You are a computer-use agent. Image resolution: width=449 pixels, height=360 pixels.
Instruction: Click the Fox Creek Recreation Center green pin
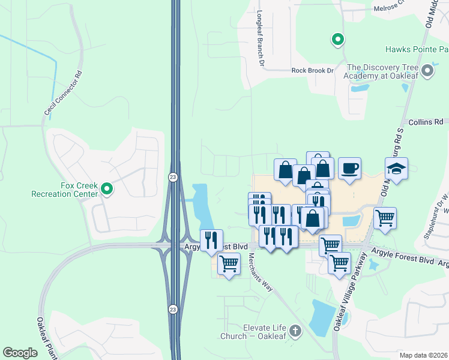pos(107,190)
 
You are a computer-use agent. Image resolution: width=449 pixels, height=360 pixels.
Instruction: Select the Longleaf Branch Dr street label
pos(261,37)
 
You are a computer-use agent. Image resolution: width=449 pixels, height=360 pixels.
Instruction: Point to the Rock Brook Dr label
pos(312,71)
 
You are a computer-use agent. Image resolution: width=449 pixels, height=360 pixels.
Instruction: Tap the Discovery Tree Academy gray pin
pos(427,72)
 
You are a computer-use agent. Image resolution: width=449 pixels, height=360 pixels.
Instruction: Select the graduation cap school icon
pos(397,169)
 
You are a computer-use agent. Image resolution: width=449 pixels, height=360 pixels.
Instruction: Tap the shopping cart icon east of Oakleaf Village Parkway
pos(385,218)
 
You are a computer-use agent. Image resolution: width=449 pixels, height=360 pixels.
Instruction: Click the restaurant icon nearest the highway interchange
pos(211,240)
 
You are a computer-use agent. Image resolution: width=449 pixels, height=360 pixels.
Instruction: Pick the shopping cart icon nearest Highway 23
pos(229,263)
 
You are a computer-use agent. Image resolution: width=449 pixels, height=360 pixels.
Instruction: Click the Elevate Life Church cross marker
pos(295,331)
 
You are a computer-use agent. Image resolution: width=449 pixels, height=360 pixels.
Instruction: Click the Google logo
pos(20,353)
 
